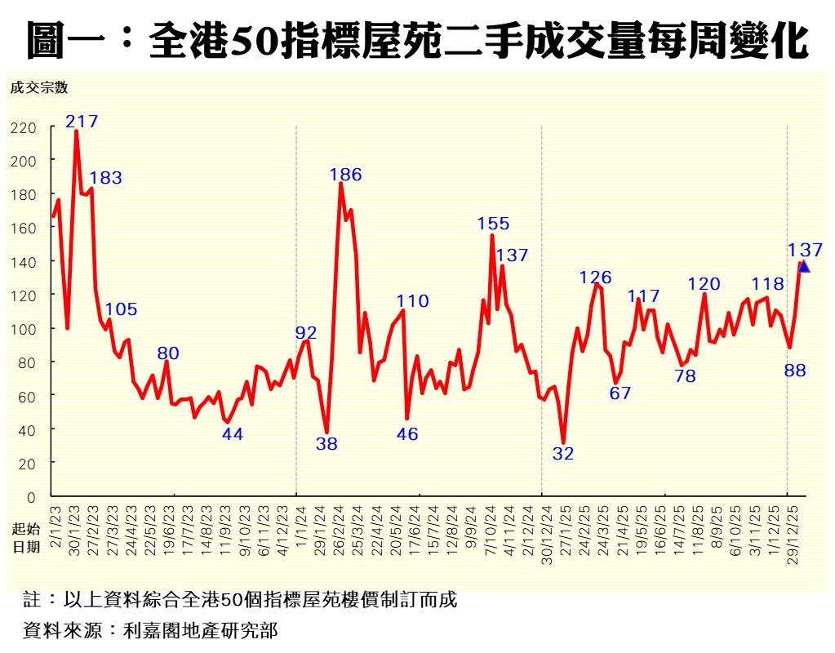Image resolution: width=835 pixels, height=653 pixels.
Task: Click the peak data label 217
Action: tap(82, 122)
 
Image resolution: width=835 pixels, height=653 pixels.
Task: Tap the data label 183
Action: tap(105, 178)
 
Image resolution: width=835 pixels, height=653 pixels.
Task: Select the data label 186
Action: tap(345, 175)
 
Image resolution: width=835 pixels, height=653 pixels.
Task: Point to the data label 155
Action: tap(493, 224)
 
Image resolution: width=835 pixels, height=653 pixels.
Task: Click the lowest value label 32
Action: tap(563, 455)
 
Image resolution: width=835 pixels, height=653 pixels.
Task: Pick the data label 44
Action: tap(233, 434)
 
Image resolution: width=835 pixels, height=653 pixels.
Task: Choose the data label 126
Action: tap(595, 278)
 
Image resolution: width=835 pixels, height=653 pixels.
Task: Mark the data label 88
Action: tap(795, 371)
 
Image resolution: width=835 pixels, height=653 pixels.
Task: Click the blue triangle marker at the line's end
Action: tap(804, 266)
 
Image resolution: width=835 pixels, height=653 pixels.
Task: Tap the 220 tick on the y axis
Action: tap(24, 127)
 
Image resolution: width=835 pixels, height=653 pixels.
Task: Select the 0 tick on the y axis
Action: tap(32, 496)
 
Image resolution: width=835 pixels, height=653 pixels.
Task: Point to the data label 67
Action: tap(620, 393)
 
